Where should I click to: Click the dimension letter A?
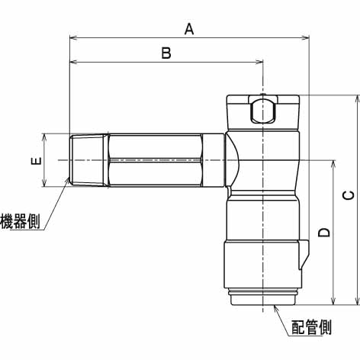189,29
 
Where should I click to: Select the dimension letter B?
166,53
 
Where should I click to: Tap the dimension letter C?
349,195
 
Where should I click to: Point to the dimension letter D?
324,233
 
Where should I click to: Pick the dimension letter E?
36,161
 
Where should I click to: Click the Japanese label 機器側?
20,221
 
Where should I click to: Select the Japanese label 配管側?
311,327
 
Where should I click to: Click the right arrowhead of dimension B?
259,62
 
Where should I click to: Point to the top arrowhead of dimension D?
333,165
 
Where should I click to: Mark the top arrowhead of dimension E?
44,138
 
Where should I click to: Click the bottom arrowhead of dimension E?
44,182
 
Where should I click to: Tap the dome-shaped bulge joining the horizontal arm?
233,160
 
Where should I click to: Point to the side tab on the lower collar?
304,255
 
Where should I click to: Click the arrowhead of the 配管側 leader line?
276,308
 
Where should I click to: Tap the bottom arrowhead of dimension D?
333,301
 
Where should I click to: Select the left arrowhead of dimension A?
74,38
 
